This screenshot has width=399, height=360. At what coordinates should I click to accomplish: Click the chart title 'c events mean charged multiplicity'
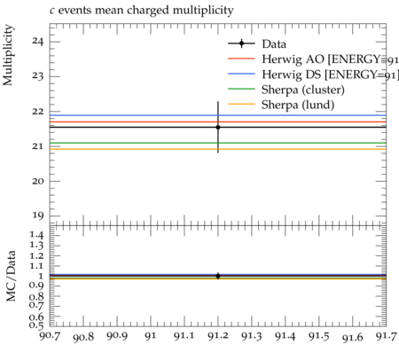(142, 11)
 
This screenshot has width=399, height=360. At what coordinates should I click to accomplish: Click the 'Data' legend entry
(274, 44)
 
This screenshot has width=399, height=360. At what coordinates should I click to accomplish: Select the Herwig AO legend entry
(330, 59)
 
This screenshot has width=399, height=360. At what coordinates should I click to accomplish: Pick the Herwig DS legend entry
(330, 74)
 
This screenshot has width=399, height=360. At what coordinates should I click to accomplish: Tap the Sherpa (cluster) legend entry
(303, 90)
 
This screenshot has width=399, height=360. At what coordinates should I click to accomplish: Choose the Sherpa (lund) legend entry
(298, 105)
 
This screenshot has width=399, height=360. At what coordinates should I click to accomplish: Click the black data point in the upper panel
(218, 128)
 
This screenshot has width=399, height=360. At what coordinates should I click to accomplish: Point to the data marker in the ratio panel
(218, 276)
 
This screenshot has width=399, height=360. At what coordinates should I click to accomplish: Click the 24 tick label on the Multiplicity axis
(38, 42)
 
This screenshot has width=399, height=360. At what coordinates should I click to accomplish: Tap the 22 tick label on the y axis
(38, 112)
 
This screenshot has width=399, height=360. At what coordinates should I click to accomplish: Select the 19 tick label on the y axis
(38, 215)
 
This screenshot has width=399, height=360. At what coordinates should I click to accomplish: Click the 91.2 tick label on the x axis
(218, 336)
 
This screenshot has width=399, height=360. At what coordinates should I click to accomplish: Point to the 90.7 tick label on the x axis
(50, 336)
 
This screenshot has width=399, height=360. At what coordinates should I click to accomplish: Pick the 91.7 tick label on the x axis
(386, 336)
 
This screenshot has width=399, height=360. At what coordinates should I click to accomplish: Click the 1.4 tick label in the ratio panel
(36, 235)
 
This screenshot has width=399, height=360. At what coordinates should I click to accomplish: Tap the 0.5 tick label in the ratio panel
(36, 325)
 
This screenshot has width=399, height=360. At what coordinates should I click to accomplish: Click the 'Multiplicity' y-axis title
(8, 55)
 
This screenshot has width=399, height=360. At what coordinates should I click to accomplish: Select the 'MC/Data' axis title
(11, 276)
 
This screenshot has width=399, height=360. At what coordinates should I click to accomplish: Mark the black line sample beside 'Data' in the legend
(241, 43)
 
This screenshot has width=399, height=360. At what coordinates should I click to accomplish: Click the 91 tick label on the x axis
(151, 336)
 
